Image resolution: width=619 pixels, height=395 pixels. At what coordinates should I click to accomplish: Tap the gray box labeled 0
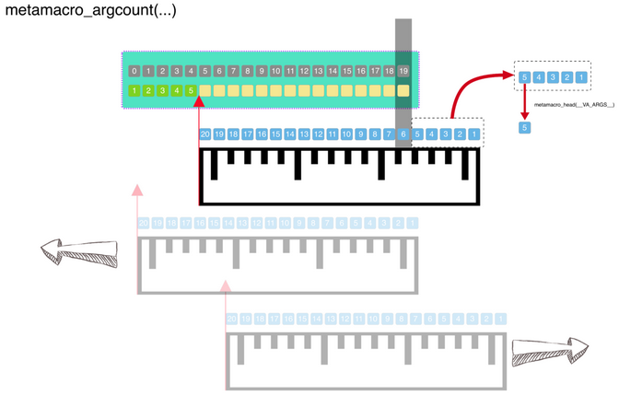click(x=134, y=72)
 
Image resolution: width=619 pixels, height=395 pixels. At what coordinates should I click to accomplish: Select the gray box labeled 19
click(x=403, y=72)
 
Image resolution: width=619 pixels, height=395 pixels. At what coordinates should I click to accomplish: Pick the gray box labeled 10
click(x=275, y=72)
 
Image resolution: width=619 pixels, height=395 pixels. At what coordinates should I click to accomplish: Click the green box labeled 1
click(x=134, y=91)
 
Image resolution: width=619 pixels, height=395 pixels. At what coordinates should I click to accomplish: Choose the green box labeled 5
click(x=191, y=91)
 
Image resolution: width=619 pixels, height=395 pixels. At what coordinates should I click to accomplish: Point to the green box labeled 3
click(x=162, y=91)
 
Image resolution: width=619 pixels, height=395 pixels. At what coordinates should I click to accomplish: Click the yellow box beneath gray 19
click(x=403, y=91)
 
